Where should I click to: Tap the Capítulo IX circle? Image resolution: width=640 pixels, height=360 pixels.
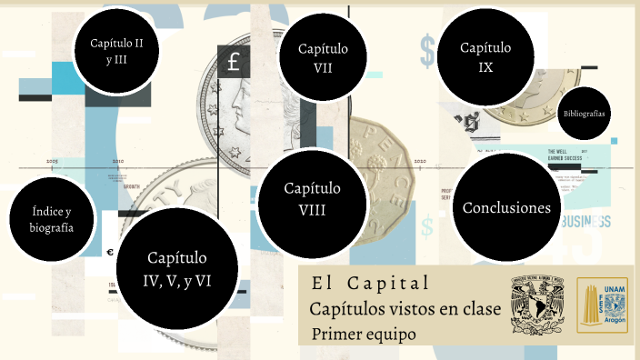(485, 56)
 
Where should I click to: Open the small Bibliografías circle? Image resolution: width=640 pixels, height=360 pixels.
(585, 113)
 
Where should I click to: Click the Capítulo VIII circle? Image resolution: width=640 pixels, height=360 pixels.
(312, 199)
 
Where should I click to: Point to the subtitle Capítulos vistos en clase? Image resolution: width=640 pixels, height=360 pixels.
(405, 309)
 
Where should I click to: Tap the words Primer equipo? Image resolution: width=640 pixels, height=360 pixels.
(364, 335)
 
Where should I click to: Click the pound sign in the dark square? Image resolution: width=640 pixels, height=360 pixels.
(234, 63)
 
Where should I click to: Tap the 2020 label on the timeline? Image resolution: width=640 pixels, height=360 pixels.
(420, 161)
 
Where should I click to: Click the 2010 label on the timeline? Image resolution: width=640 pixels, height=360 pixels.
(117, 160)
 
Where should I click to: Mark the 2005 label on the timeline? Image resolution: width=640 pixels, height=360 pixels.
(52, 160)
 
